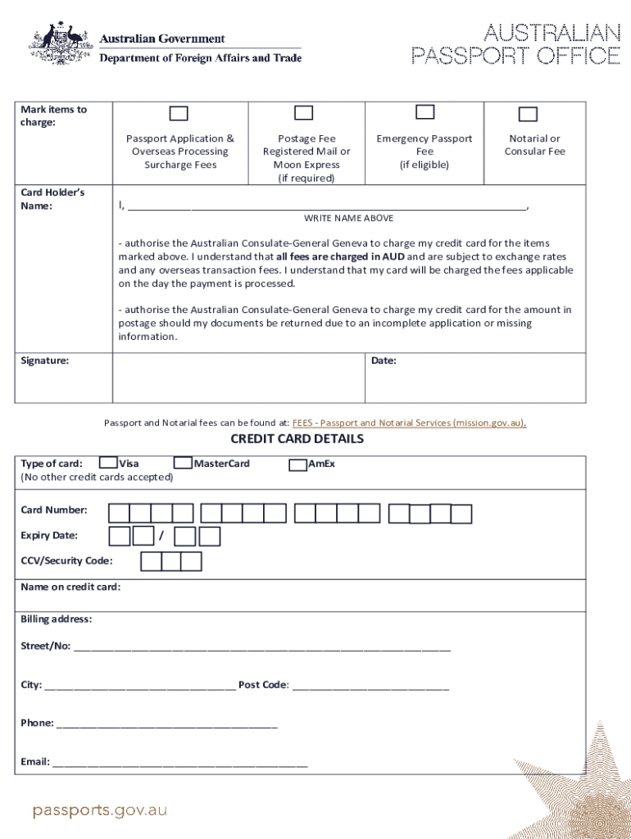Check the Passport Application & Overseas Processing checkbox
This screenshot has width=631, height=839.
(x=179, y=114)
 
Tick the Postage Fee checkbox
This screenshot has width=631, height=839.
(x=303, y=113)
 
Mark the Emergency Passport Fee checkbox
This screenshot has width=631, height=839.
(x=424, y=112)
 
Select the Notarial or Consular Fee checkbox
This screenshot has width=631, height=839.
(x=528, y=114)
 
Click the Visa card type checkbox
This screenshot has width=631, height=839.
(x=107, y=463)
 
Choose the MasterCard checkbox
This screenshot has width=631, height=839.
(x=183, y=463)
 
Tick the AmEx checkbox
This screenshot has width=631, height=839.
(x=297, y=465)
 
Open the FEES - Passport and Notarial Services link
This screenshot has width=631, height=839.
(x=409, y=423)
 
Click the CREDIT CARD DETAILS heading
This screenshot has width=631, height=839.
(x=297, y=439)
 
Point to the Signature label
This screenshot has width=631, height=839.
(x=44, y=361)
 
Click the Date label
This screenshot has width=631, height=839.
(x=384, y=361)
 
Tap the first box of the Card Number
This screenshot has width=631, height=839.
(x=120, y=514)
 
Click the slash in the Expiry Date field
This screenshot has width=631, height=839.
(x=161, y=537)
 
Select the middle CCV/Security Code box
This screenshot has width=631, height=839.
(x=171, y=561)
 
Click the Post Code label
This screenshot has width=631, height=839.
(x=262, y=685)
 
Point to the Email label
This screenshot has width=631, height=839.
(x=34, y=762)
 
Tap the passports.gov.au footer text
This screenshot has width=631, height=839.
(x=99, y=810)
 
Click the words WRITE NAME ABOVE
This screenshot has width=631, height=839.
(x=348, y=218)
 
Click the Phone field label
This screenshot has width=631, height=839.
(x=37, y=723)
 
